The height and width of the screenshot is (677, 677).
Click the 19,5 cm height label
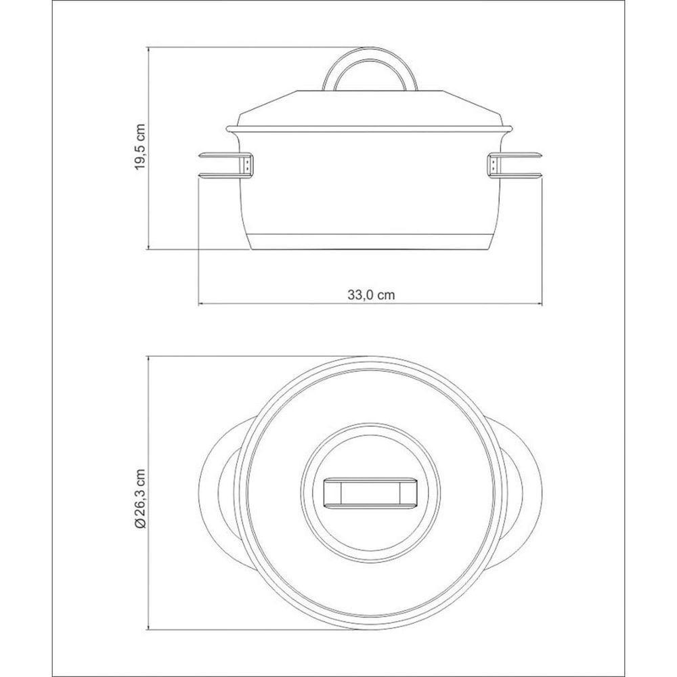click(140, 147)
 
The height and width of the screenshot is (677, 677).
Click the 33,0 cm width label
click(371, 294)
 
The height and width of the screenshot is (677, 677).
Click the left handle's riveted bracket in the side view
click(248, 166)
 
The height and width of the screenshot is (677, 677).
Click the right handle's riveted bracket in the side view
click(493, 166)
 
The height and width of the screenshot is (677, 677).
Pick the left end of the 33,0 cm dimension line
click(198, 303)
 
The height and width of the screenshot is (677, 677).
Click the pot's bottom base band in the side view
click(370, 242)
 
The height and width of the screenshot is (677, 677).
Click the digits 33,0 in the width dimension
click(362, 294)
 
